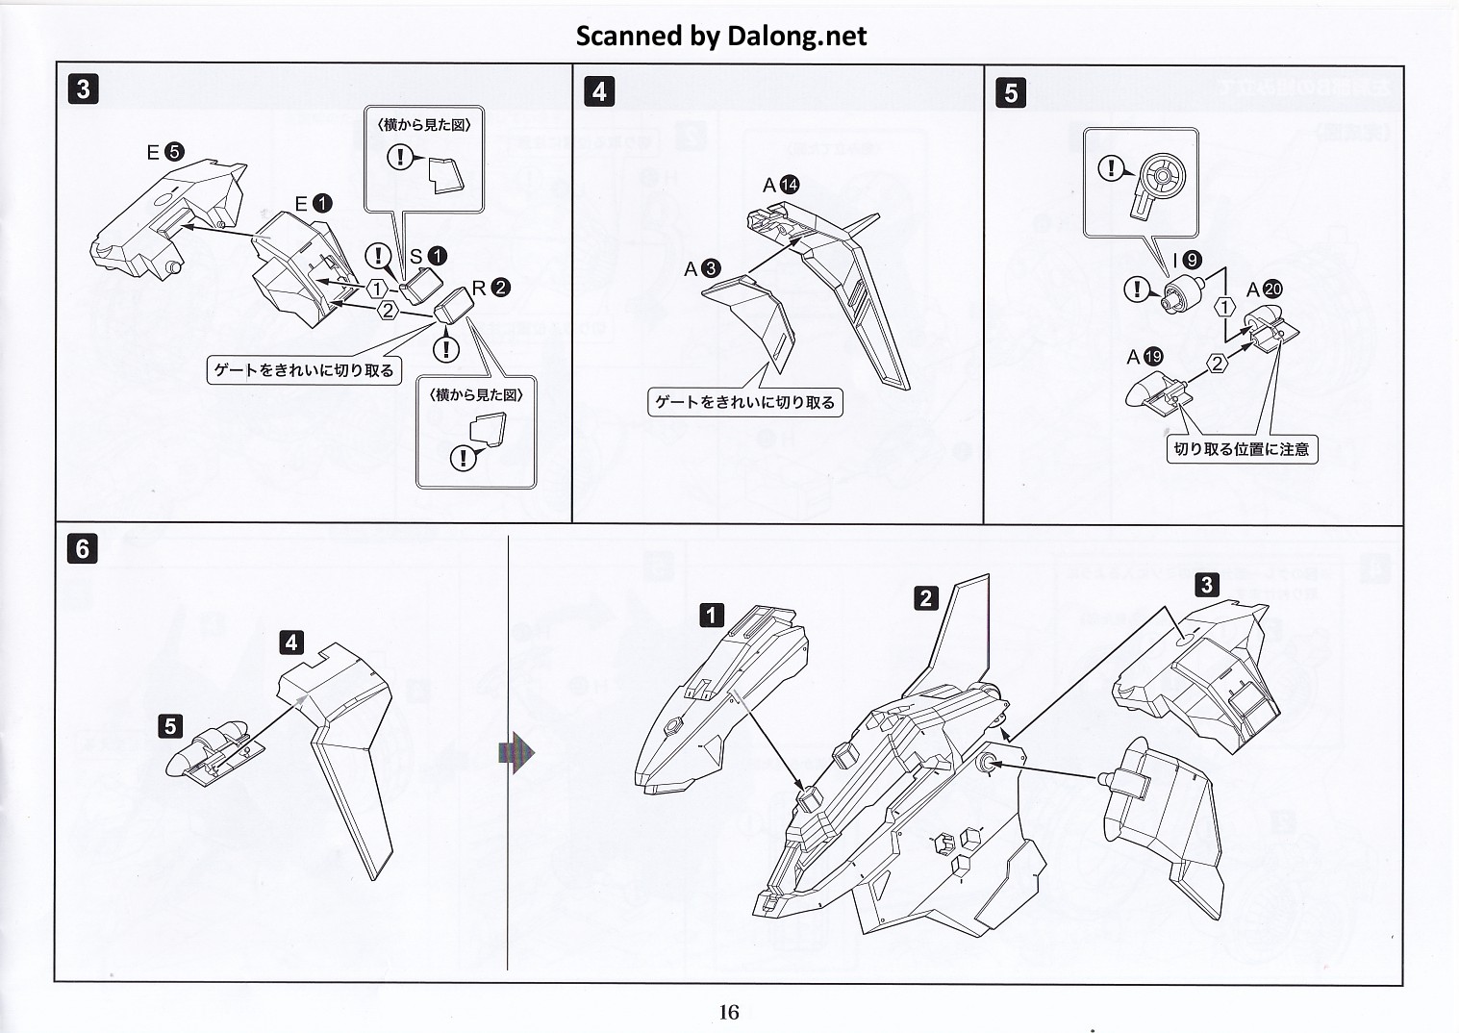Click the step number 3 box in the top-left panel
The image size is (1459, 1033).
point(84,89)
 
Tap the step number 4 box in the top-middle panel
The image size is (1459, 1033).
point(599,91)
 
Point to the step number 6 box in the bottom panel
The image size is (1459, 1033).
point(83,548)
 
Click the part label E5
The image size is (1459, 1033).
point(164,152)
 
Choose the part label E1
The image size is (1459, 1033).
point(313,204)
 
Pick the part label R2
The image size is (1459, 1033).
point(491,288)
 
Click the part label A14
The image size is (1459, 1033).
point(780,186)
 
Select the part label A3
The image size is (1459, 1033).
point(701,269)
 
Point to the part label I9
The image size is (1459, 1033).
point(1186,260)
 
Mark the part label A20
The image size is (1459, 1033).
point(1264,290)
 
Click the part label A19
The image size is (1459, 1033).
point(1145,357)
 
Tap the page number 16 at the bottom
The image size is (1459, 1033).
point(728,1011)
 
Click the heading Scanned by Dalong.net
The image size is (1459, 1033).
point(720,36)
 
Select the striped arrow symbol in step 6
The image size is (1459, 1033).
point(516,752)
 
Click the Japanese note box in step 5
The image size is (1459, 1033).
point(1241,448)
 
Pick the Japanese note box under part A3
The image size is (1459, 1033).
point(744,402)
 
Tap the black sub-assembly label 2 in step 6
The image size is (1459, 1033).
point(925,598)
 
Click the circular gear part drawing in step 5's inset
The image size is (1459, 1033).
point(1160,179)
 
